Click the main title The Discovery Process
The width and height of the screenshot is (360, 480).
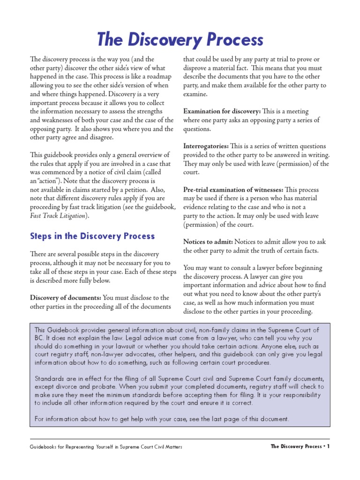[x=180, y=39]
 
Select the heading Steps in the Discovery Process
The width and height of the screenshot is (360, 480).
[x=92, y=236]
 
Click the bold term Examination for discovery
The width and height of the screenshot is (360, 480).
[x=222, y=111]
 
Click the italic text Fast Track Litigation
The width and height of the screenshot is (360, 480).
[x=58, y=216]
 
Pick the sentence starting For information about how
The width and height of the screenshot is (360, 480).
[x=162, y=419]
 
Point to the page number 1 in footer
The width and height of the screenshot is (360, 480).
[x=329, y=446]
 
